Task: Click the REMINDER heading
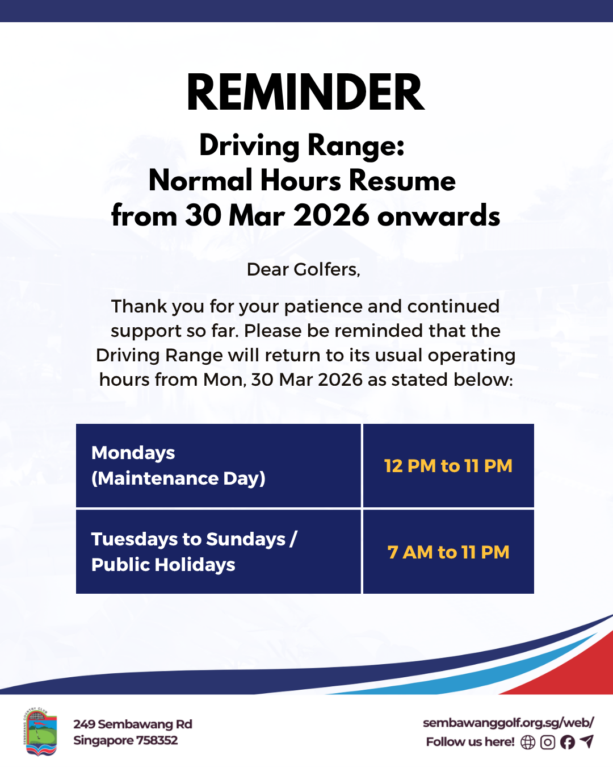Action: [x=305, y=92]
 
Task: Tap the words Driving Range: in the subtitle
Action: [x=302, y=146]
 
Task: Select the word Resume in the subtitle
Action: [x=402, y=181]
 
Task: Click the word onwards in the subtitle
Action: [x=439, y=216]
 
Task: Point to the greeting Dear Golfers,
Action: [x=304, y=269]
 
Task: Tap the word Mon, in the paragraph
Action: [x=225, y=380]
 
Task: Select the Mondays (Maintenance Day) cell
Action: [x=219, y=465]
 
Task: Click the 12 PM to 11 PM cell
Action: [x=448, y=465]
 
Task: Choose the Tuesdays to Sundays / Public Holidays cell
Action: [x=219, y=552]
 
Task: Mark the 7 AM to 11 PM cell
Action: [x=448, y=552]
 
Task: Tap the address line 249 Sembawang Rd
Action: [x=132, y=724]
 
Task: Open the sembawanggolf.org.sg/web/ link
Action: [x=509, y=723]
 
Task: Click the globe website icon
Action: [x=528, y=742]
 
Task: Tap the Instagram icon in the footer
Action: [x=548, y=742]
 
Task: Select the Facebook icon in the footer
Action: [x=568, y=742]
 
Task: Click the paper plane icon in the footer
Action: [x=587, y=741]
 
